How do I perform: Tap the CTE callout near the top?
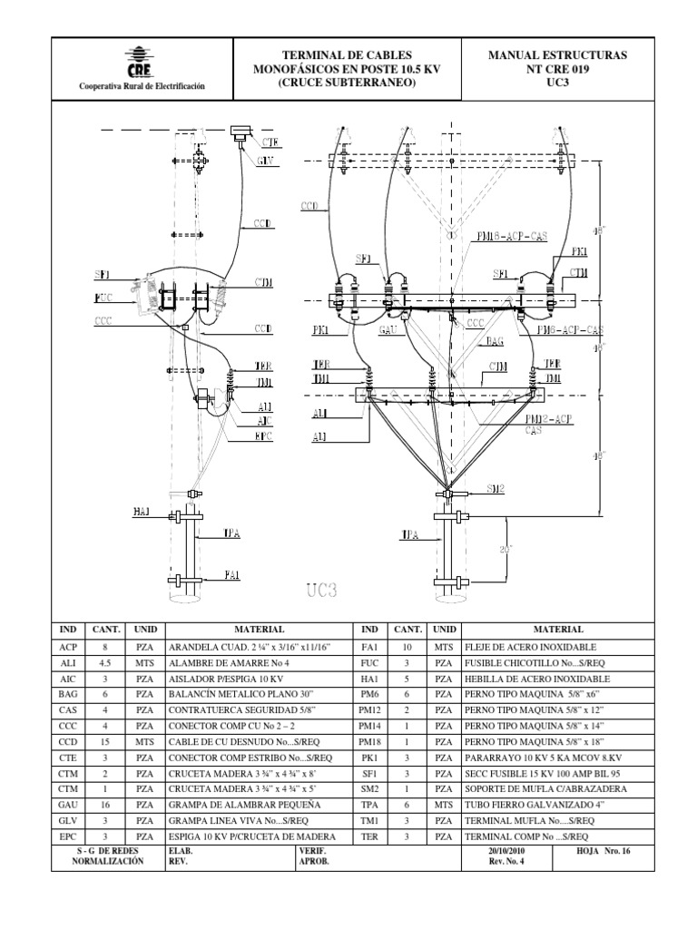[x=270, y=142]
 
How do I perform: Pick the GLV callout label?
[x=265, y=161]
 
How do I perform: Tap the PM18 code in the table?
[x=368, y=742]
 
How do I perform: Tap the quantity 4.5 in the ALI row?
[x=100, y=663]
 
